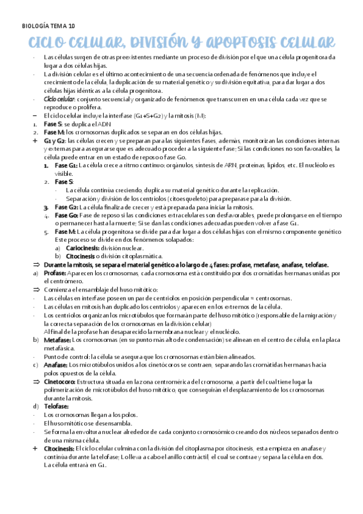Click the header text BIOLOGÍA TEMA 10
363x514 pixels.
click(48, 26)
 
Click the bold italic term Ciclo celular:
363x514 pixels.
click(59, 99)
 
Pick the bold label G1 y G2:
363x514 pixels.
click(55, 140)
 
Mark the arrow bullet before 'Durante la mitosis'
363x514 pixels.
click(35, 265)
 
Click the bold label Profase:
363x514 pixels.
click(56, 273)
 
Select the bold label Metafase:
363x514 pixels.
click(57, 340)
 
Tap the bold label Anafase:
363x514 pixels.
click(56, 365)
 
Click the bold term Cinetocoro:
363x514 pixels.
click(59, 382)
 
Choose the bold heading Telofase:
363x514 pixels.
click(56, 406)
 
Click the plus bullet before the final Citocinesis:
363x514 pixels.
click(35, 448)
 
